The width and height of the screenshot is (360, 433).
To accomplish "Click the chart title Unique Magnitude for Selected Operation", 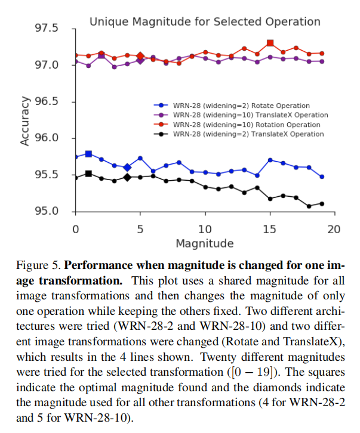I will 205,22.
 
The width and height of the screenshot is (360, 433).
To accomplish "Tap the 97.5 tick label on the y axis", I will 47,29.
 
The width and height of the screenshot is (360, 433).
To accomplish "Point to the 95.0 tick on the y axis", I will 47,212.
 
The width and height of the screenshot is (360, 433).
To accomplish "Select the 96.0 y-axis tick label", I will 47,138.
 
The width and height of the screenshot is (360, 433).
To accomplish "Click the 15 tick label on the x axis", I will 270,229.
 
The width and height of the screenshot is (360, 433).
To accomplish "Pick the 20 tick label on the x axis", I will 334,229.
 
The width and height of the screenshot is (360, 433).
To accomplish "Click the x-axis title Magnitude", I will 204,243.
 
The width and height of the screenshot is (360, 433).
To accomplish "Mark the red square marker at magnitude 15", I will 270,44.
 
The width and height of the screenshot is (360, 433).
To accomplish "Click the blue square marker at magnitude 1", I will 88,154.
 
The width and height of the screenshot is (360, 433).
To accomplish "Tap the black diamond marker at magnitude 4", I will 127,177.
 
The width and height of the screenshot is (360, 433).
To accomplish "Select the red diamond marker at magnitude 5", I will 140,56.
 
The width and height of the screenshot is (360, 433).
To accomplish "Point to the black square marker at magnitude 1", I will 88,174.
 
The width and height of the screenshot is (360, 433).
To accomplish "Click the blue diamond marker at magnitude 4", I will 127,167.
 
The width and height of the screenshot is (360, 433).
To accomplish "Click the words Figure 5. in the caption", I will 37,264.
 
